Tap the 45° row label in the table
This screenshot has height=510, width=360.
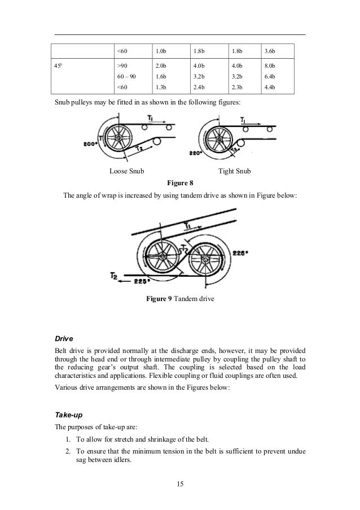coord(58,66)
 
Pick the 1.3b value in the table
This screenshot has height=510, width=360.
coord(161,88)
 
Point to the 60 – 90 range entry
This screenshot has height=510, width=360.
coord(125,77)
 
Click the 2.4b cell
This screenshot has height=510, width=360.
coord(198,88)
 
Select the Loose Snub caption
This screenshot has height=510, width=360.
coord(126,171)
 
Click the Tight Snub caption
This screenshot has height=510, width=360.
coord(234,171)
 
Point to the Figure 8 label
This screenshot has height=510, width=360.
coord(179,182)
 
